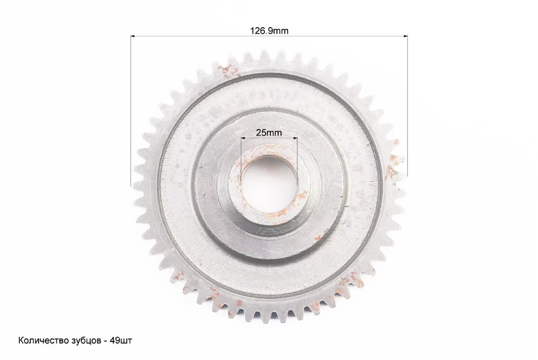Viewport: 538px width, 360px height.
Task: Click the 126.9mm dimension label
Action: tap(269, 31)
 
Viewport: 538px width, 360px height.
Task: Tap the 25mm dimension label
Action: tap(269, 132)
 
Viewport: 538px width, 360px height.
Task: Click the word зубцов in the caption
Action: tap(86, 341)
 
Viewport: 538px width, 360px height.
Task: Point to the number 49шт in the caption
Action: tap(121, 341)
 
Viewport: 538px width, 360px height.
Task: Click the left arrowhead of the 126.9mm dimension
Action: tap(132, 36)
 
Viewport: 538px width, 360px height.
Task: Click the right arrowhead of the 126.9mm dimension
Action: tap(406, 36)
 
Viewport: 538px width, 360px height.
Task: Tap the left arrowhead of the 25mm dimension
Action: tap(243, 138)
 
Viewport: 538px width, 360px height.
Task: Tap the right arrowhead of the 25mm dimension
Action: tap(295, 138)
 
